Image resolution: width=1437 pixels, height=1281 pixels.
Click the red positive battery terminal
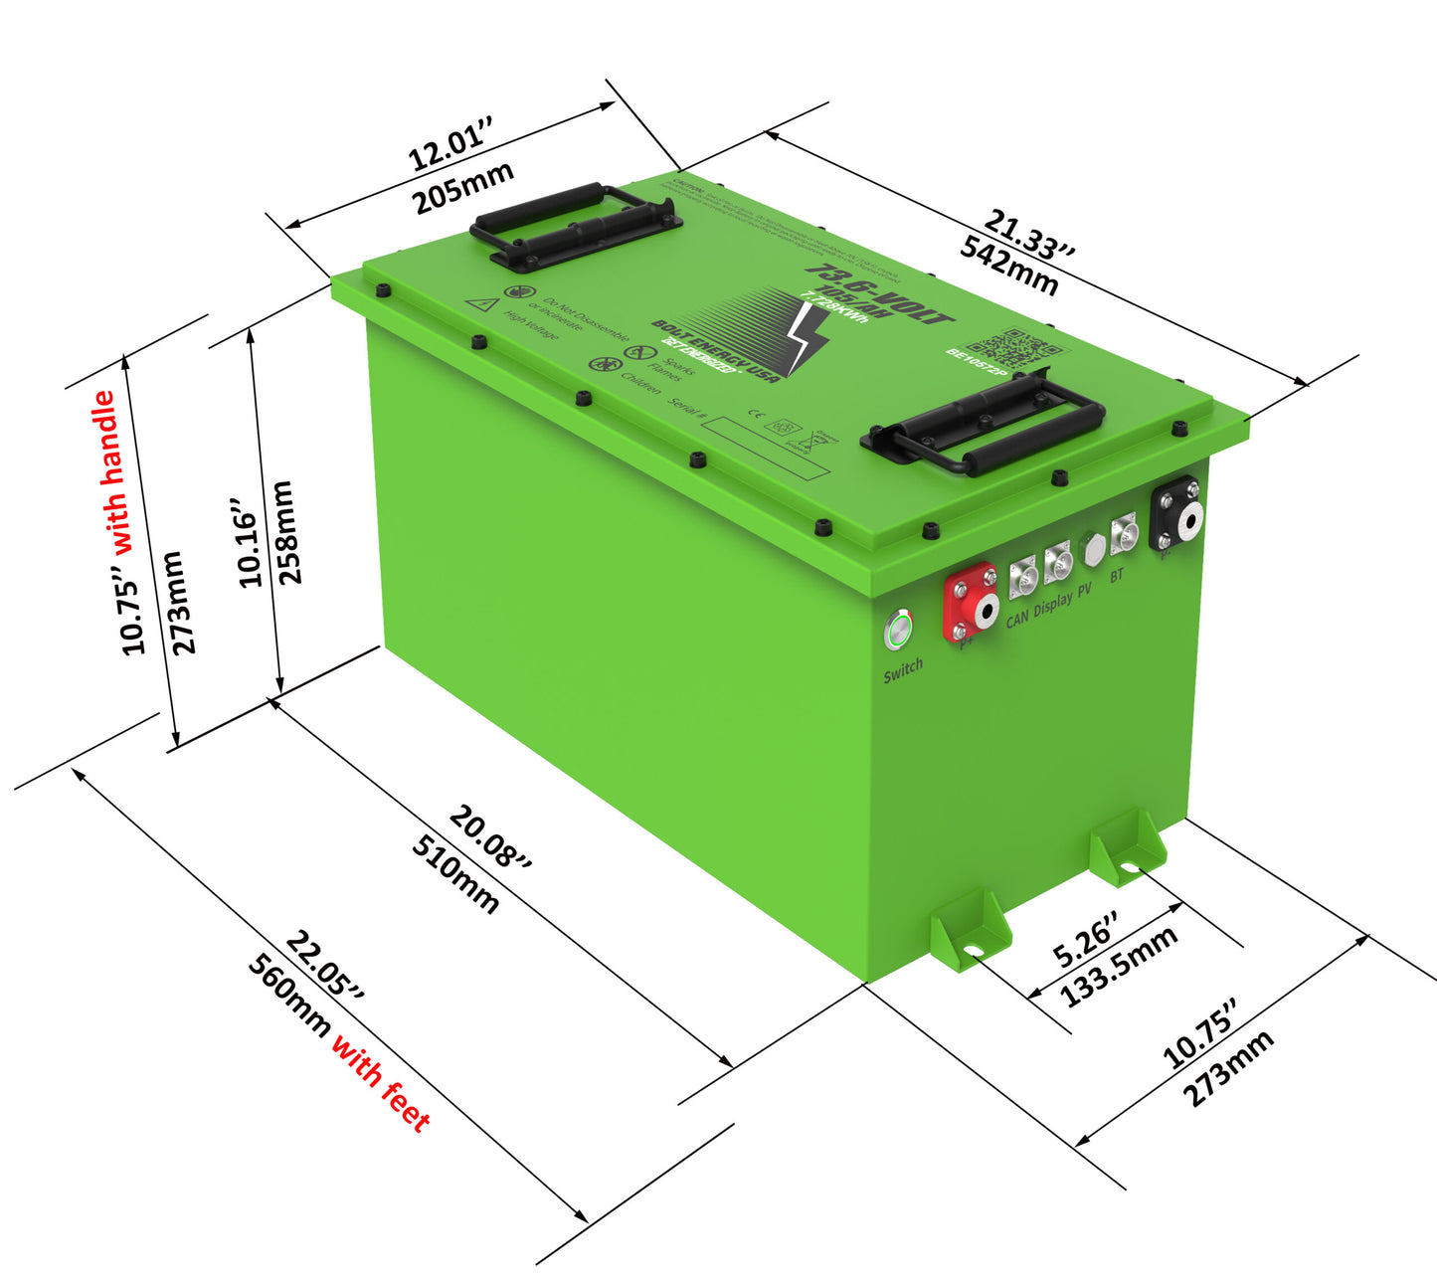point(970,603)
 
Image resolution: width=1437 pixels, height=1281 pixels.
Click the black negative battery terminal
point(1175,514)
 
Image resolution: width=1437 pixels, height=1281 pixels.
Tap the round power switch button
point(899,630)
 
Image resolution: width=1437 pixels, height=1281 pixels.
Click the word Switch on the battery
point(903,670)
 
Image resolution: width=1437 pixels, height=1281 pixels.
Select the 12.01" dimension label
point(450,145)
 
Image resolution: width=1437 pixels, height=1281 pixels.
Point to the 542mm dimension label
point(1008,267)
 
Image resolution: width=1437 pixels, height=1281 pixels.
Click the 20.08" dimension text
point(491,837)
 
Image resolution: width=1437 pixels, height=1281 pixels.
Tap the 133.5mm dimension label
point(1120,965)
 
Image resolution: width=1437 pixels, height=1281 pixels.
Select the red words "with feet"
point(381,1083)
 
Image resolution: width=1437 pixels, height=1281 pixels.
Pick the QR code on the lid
point(1012,347)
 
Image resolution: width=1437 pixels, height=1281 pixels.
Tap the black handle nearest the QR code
point(983,424)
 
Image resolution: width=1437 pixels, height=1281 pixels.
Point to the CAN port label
point(1016,618)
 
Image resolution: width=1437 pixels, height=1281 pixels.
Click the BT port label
point(1117,575)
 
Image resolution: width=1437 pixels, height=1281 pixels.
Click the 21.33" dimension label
point(1029,235)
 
